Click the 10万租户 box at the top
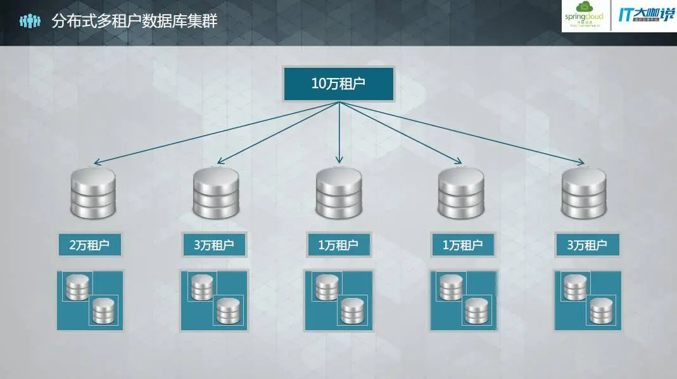click(x=339, y=84)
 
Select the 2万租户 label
click(x=90, y=245)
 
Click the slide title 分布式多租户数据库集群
click(x=134, y=22)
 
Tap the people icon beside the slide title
click(x=29, y=22)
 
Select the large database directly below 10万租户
click(x=339, y=193)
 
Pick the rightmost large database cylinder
click(x=583, y=193)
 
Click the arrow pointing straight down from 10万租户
click(x=339, y=133)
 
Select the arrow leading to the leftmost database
click(x=215, y=133)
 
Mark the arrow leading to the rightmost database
click(x=462, y=133)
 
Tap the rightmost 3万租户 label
click(x=586, y=245)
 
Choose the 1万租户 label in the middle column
click(x=338, y=245)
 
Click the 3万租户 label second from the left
click(x=214, y=245)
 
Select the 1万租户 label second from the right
click(x=462, y=245)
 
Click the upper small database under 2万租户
click(x=77, y=287)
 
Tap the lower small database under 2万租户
click(x=103, y=311)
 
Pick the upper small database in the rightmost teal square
click(x=574, y=287)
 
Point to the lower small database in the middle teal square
click(x=351, y=311)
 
